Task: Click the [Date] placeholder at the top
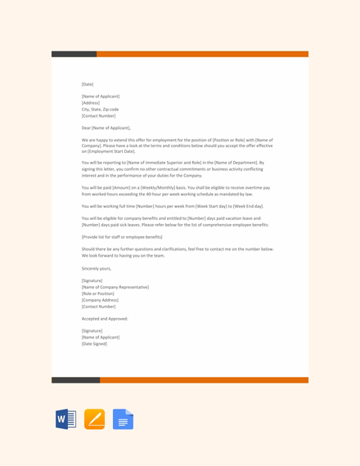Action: click(88, 84)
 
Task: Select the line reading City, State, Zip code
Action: click(100, 109)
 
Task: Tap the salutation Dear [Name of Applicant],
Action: click(106, 128)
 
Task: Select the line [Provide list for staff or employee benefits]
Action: click(122, 236)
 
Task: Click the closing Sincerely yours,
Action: click(97, 268)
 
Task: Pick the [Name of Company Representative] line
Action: click(115, 287)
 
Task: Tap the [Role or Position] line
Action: click(99, 293)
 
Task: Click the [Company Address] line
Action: click(100, 300)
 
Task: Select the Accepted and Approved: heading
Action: click(105, 318)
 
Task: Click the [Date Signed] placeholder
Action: click(94, 343)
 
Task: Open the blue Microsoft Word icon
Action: click(65, 419)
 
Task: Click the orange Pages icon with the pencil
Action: click(94, 419)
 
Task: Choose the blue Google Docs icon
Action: click(123, 419)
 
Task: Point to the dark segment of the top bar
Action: click(74, 54)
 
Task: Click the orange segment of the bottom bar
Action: click(204, 380)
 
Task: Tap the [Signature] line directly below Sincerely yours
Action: click(92, 280)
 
